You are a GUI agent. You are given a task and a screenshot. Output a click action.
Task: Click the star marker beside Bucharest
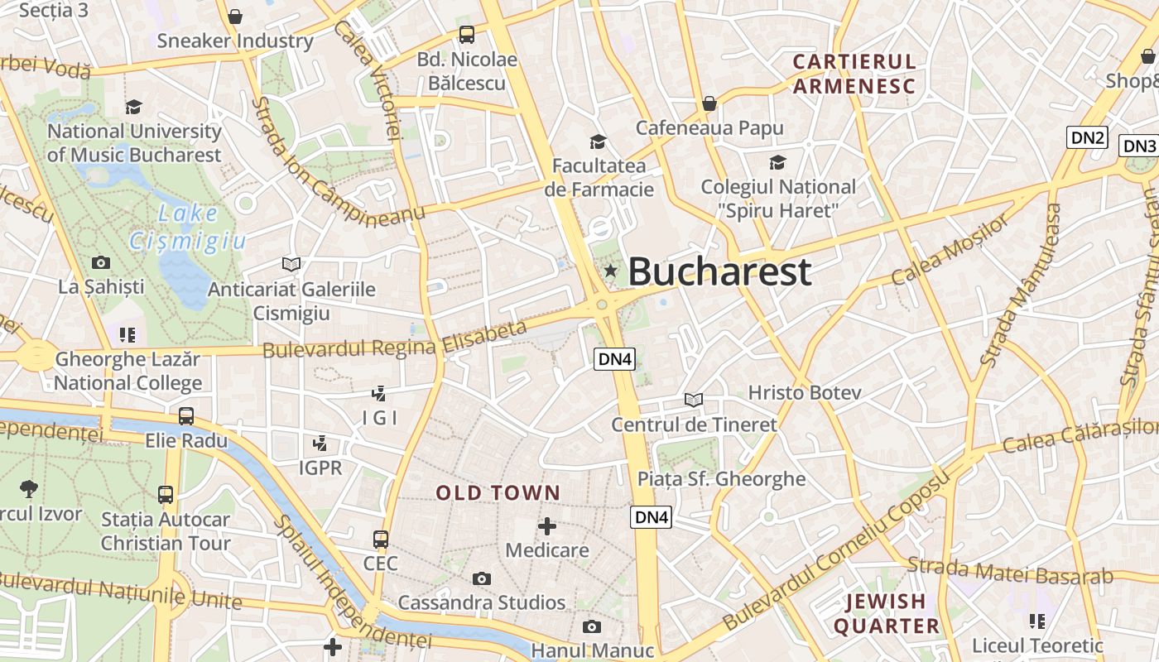coord(611,271)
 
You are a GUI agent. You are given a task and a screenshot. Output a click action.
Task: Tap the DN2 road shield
coord(1087,137)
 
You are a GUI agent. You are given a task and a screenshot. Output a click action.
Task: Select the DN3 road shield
coord(1138,146)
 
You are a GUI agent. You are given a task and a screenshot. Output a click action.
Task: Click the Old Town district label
coord(498,493)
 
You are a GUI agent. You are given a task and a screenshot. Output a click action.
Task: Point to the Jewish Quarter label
coord(885,613)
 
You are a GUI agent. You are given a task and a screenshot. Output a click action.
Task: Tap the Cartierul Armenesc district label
coord(854,74)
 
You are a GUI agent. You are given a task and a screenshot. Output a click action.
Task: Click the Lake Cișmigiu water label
coord(189,228)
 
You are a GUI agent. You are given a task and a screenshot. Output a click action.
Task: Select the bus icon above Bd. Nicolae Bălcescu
coord(467,35)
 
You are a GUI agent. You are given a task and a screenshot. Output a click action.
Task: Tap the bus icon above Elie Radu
coord(186,416)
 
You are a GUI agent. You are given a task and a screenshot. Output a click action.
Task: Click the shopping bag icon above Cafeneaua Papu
coord(709,103)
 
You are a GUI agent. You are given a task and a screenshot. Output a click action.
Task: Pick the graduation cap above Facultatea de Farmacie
coord(598,142)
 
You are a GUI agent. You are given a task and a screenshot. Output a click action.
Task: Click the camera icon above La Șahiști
coord(101,263)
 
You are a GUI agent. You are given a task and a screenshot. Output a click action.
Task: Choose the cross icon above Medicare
coord(547,526)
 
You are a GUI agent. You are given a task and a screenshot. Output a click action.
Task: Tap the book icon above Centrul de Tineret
coord(694,401)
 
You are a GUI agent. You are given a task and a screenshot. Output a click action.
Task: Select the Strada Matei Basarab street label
coord(1010,572)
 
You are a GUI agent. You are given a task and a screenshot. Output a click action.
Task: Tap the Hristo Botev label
coord(805,392)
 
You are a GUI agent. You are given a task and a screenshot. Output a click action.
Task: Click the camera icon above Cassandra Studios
coord(481,579)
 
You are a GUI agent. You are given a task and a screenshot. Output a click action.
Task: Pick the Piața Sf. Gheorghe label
coord(721,479)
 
